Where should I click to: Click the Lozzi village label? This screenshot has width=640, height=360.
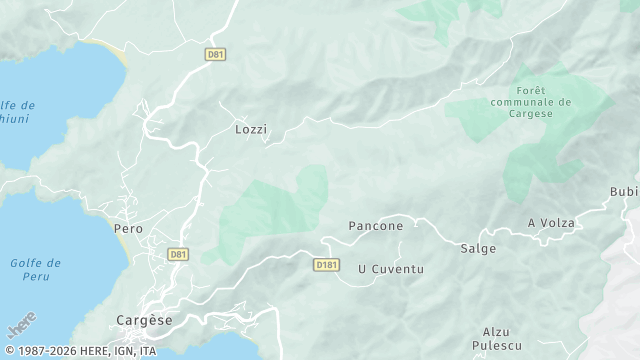click(x=251, y=130)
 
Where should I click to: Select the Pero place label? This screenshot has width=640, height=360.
click(x=129, y=229)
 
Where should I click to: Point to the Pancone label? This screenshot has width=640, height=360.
click(x=375, y=226)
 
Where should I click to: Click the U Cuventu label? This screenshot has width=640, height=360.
click(x=391, y=269)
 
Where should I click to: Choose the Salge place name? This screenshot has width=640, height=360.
click(x=478, y=248)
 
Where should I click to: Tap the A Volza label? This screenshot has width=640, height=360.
click(x=551, y=223)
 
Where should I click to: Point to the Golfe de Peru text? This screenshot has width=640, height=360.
click(x=35, y=269)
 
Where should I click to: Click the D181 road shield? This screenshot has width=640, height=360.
click(x=326, y=265)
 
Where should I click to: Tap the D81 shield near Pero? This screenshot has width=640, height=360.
click(x=178, y=255)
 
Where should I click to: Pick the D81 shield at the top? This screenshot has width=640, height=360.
click(x=215, y=54)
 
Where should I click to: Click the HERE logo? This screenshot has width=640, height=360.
click(x=21, y=325)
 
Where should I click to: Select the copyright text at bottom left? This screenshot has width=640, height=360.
click(x=80, y=352)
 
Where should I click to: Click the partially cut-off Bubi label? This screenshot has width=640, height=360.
click(x=623, y=192)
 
